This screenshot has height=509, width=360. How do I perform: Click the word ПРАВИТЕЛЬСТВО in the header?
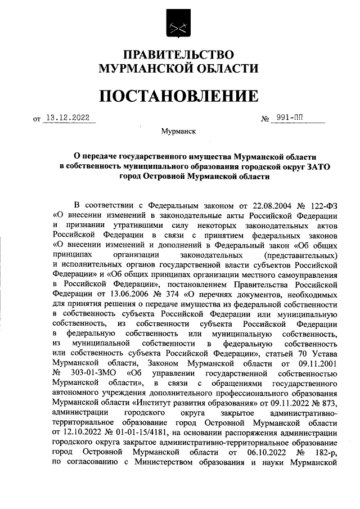[178, 55]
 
